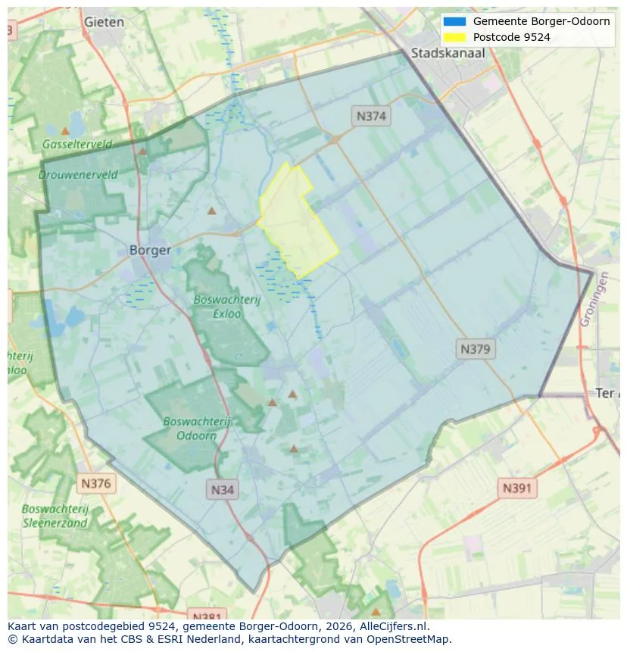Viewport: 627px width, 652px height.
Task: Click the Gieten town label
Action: point(104,22)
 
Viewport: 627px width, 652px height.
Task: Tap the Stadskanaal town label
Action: point(448,53)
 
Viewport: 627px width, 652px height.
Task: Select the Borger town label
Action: point(150,250)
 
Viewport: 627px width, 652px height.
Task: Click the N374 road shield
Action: point(370,116)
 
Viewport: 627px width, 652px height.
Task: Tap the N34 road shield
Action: point(222,489)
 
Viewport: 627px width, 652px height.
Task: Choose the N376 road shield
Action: point(96,483)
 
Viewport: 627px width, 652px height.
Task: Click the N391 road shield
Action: point(517,488)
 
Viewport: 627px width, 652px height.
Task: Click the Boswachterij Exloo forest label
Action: point(226,306)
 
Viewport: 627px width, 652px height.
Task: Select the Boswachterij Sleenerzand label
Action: point(55,516)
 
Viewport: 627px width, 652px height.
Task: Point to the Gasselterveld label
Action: point(77,144)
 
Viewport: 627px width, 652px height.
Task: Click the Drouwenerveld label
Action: point(78,174)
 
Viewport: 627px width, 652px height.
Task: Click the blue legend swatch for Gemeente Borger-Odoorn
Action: point(455,21)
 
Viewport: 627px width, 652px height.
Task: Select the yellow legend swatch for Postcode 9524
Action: point(455,37)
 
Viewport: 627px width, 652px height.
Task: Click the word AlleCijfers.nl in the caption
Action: point(393,626)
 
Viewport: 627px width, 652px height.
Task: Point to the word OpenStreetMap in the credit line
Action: point(407,639)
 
